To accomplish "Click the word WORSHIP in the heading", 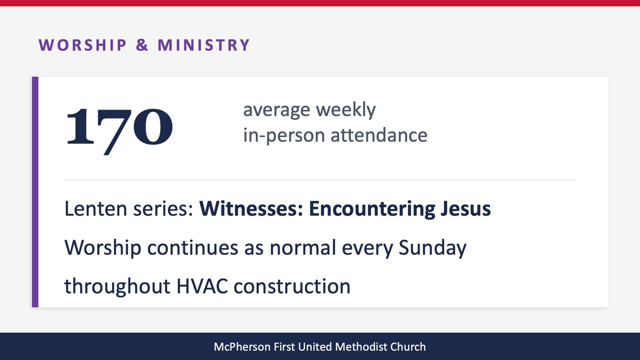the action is point(83,45).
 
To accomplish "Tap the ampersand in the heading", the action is point(142,45).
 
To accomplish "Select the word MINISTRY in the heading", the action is point(204,45).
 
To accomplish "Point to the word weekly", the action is point(346,110).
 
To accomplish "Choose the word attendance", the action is point(379,135).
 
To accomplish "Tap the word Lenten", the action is point(95,208).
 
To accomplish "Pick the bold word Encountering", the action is point(372,209).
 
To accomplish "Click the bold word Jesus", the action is point(466,208).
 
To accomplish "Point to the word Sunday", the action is point(432,248).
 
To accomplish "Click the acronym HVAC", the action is point(202,286).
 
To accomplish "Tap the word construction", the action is point(292,286).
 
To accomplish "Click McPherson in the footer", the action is point(242,347).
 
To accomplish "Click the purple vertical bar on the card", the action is point(35,192).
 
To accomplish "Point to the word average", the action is point(276,110).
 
